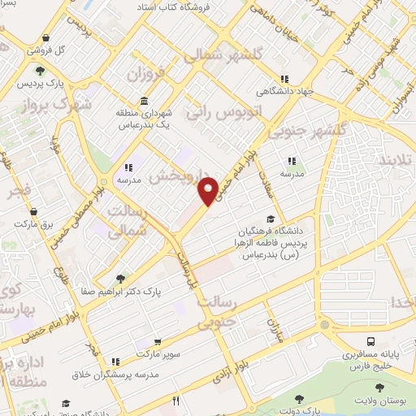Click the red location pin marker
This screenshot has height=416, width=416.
[x=209, y=189]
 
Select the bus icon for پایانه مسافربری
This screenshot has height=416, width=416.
[x=370, y=341]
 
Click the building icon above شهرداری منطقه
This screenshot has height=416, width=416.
[x=144, y=101]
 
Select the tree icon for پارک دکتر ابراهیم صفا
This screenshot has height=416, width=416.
[x=121, y=276]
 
